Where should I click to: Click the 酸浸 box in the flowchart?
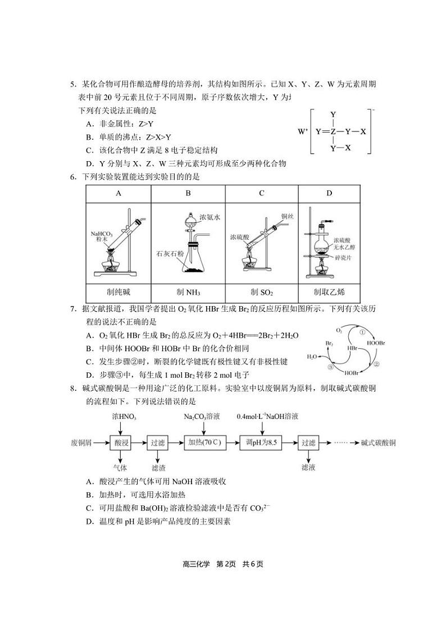point(122,443)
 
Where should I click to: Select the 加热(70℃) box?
point(204,443)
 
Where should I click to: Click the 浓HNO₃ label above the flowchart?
point(124,417)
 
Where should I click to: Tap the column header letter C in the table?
point(262,193)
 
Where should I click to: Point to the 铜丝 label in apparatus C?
point(288,216)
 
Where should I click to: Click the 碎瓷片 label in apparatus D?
point(342,257)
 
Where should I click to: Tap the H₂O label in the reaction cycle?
point(312,357)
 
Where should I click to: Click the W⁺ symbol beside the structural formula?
point(303,132)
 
